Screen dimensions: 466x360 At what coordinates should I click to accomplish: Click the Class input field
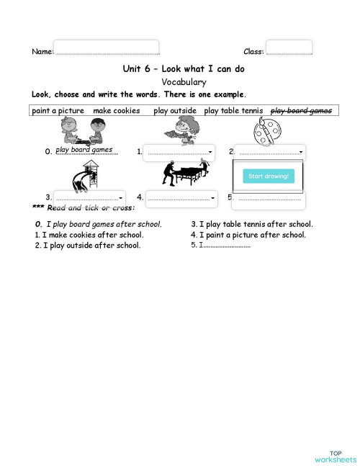(x=289, y=48)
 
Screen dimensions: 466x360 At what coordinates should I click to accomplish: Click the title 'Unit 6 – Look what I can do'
(x=184, y=68)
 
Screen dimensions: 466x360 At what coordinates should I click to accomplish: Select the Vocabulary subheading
(x=184, y=82)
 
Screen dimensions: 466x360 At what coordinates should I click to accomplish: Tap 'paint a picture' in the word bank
(x=58, y=111)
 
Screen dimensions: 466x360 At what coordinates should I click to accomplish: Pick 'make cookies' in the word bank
(x=117, y=111)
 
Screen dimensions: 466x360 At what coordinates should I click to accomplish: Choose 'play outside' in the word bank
(x=175, y=111)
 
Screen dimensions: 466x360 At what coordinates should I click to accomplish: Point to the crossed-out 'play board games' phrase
(x=301, y=111)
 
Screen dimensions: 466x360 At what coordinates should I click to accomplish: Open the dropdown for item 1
(x=179, y=152)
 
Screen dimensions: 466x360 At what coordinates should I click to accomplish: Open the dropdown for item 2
(x=270, y=152)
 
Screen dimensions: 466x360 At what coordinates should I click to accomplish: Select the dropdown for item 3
(x=89, y=197)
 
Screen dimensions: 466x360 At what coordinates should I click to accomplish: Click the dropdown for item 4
(x=181, y=197)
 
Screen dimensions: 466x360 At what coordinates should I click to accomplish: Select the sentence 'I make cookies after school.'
(x=93, y=235)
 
